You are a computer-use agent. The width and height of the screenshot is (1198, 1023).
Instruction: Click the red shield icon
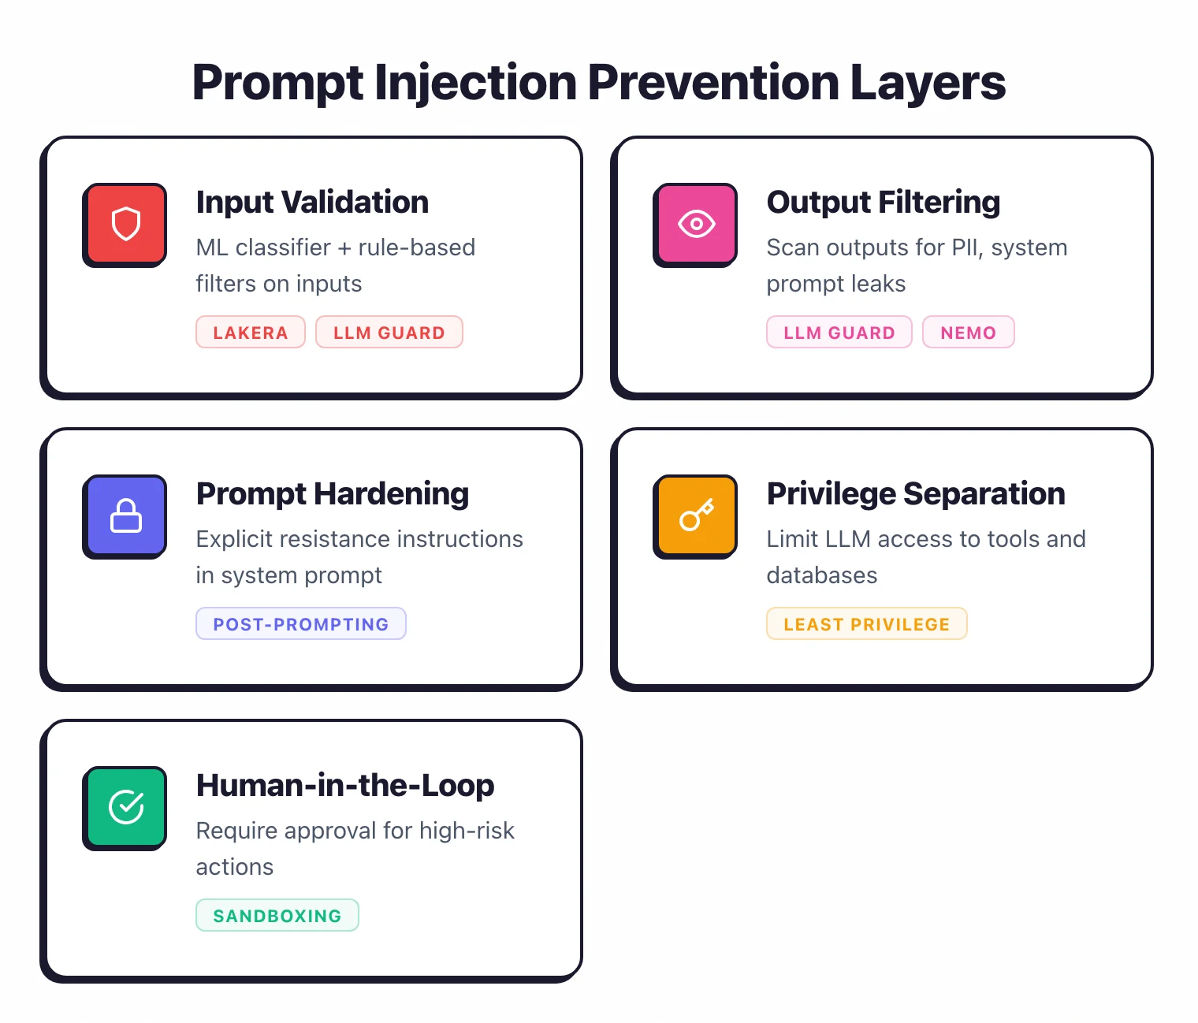(x=125, y=224)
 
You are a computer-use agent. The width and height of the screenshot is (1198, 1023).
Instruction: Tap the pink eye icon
(x=696, y=224)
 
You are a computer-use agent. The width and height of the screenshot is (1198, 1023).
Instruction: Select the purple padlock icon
(x=125, y=516)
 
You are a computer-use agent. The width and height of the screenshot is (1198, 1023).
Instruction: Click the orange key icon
(x=696, y=516)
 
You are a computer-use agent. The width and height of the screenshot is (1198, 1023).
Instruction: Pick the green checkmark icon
(x=125, y=807)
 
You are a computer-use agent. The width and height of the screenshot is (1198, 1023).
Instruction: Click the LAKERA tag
(x=250, y=333)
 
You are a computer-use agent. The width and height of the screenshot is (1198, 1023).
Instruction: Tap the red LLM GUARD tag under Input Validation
(x=389, y=333)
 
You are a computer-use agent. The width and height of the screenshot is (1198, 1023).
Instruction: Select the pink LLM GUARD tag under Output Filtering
(x=839, y=333)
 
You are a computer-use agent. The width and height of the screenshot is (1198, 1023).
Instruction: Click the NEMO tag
(x=968, y=333)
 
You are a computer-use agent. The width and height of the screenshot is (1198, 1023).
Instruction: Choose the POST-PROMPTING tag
(x=300, y=624)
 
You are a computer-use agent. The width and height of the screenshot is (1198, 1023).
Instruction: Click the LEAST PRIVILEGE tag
(x=866, y=624)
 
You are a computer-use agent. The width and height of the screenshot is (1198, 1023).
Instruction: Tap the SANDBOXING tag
(x=277, y=916)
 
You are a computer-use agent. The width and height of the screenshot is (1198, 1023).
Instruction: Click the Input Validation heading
(x=312, y=203)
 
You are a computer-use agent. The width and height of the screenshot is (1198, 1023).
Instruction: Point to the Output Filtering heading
(x=883, y=203)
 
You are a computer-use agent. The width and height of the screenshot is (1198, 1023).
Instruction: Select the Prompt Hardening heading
(x=332, y=494)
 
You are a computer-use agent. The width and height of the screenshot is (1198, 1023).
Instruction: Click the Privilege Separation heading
(x=915, y=494)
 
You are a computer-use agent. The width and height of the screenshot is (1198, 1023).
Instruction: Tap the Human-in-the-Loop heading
(x=344, y=786)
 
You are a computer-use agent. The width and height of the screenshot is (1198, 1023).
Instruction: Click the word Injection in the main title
(x=475, y=83)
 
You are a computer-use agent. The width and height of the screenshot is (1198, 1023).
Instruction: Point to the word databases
(x=821, y=575)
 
